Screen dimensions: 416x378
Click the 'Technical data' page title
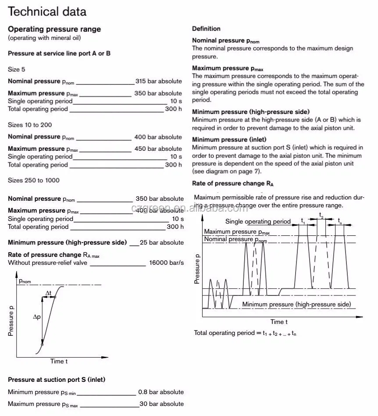(x=47, y=12)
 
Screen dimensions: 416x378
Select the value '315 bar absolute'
(x=158, y=81)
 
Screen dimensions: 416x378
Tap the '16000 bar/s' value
(x=166, y=263)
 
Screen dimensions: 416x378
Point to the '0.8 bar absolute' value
(x=160, y=392)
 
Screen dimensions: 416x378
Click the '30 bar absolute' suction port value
(x=161, y=404)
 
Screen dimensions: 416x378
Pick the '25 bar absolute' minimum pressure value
(x=162, y=242)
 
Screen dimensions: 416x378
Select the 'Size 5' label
(x=17, y=69)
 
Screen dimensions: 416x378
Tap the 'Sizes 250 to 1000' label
(x=34, y=180)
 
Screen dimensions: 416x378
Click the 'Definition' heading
(x=206, y=28)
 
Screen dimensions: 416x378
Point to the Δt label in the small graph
(x=48, y=292)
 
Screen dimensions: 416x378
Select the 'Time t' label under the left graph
(x=59, y=361)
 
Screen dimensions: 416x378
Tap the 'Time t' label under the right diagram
(x=279, y=322)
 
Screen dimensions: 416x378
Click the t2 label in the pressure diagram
(x=321, y=215)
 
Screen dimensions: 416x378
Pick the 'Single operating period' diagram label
(x=258, y=221)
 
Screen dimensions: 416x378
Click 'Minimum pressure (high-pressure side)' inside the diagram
(x=296, y=304)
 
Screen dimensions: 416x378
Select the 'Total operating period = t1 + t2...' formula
(x=245, y=333)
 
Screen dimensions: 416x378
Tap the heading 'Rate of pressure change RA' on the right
(x=233, y=183)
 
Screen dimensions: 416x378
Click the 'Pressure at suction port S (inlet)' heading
(x=57, y=380)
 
